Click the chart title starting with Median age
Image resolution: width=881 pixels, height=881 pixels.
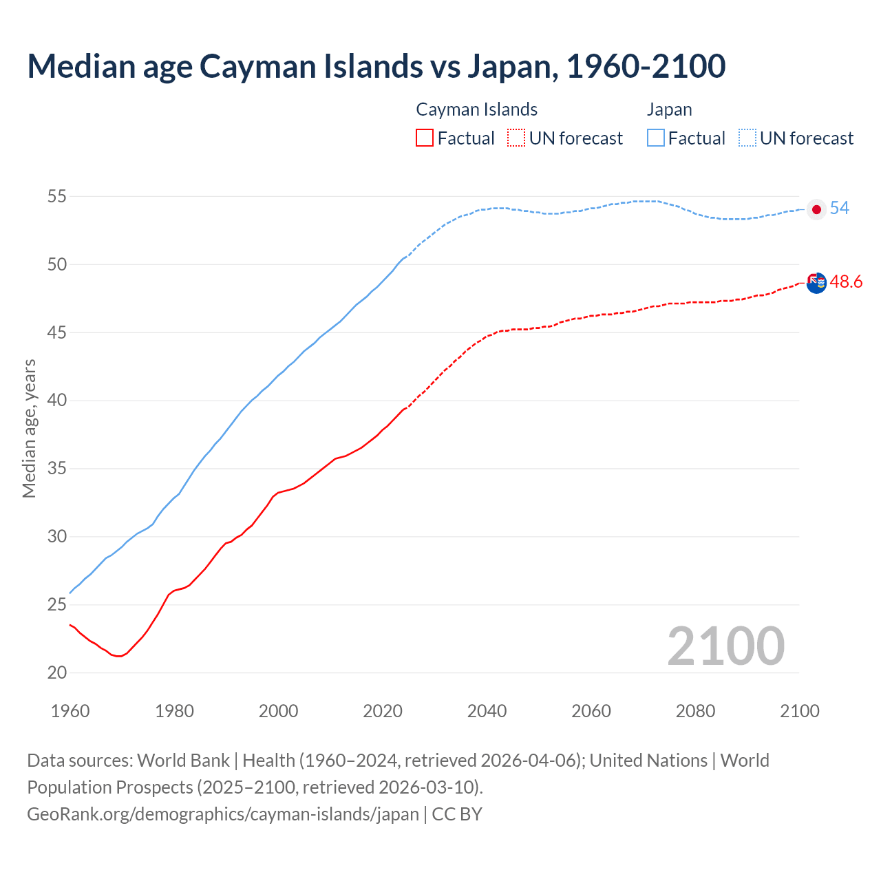(376, 67)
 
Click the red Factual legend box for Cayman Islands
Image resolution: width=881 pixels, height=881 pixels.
(425, 138)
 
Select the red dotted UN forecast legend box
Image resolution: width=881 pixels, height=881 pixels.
(516, 138)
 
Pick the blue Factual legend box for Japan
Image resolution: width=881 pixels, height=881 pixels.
(656, 138)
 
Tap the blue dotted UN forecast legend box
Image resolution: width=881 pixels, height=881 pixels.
(747, 138)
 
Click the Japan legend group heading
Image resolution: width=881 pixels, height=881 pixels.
(669, 109)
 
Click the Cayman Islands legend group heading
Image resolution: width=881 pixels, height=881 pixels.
(476, 109)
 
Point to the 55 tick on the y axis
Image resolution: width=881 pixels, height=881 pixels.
(56, 196)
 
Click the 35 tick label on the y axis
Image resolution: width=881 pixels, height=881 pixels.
(56, 469)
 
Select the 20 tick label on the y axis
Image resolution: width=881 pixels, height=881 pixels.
(56, 672)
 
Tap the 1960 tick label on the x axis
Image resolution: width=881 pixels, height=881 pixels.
(70, 711)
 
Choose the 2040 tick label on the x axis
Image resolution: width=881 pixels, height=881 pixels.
(487, 711)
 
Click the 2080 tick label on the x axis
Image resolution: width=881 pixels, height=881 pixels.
(695, 711)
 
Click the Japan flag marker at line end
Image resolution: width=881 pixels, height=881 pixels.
(816, 209)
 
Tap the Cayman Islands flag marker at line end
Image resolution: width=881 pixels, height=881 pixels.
(816, 282)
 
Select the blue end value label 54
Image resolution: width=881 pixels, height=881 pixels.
(840, 208)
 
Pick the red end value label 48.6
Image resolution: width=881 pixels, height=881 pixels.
(846, 282)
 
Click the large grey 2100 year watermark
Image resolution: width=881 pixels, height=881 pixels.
(725, 646)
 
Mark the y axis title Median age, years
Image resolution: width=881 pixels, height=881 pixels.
(29, 428)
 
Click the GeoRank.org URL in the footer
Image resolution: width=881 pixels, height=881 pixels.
(223, 814)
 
